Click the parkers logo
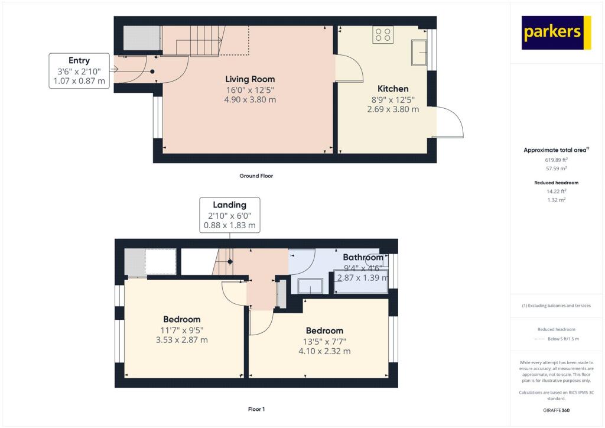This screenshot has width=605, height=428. pos(557,33)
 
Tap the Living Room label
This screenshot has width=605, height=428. pos(250,79)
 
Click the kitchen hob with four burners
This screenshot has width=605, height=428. pos(383,35)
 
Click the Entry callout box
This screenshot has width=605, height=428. pos(79,70)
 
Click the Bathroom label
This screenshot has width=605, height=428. pos(363,258)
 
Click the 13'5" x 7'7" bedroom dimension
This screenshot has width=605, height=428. pos(325,341)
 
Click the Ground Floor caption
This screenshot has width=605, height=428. pos(256,176)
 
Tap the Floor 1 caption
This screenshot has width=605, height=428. pos(256,408)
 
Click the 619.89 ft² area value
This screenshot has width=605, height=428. pos(556,160)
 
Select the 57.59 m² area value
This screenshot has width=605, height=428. pos(556,168)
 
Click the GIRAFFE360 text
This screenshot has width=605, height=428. pos(556,410)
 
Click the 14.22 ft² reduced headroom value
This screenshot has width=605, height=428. pos(556,191)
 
